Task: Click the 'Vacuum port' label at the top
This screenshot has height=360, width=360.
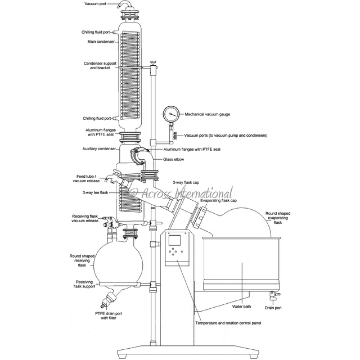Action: [x=99, y=3]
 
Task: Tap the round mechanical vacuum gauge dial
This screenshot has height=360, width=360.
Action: [x=172, y=114]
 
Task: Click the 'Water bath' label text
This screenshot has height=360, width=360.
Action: [x=242, y=307]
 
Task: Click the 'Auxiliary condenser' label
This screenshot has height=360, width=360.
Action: [x=98, y=149]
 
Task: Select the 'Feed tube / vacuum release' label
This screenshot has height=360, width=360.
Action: [x=87, y=178]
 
